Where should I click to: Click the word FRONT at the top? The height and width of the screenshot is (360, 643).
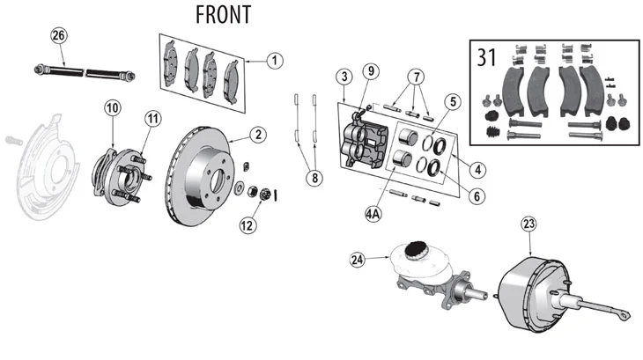223,15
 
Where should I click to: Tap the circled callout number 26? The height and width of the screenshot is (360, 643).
59,35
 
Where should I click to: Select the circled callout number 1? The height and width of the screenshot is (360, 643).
275,61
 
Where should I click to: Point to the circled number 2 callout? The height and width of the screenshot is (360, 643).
258,135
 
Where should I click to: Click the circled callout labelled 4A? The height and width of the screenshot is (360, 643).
373,214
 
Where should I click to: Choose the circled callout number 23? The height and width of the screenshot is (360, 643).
529,224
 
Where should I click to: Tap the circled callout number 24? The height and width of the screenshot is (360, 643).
358,260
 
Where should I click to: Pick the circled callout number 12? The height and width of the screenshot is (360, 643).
248,225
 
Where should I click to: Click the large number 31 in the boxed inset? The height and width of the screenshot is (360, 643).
487,57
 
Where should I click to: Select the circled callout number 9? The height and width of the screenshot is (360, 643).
371,71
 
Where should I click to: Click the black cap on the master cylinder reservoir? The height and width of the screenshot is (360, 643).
416,250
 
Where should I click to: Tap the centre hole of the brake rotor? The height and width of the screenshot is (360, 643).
218,180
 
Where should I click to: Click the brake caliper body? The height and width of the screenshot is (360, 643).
364,144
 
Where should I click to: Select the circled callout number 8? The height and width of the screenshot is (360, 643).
314,178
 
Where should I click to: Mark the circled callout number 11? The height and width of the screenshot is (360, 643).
153,119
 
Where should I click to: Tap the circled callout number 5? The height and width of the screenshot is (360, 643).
453,101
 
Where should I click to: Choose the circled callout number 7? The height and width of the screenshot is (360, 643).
417,77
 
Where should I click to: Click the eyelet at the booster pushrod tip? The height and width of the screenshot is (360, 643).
625,316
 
